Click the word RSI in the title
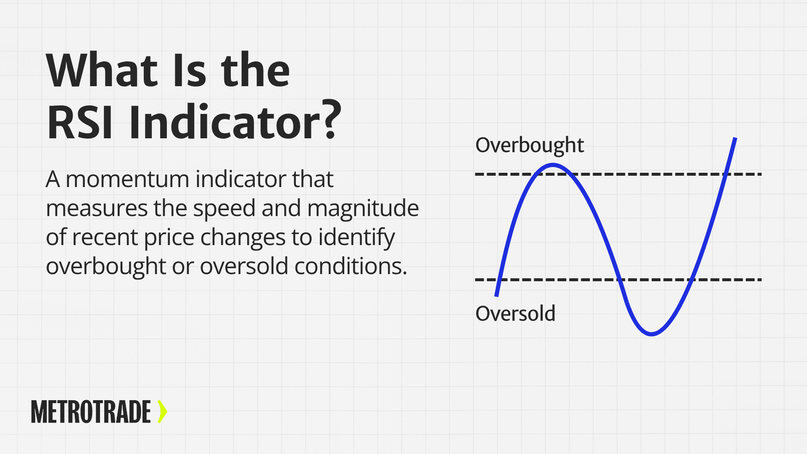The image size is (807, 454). click(80, 122)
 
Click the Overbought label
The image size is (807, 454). click(530, 145)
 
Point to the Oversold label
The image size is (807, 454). click(515, 314)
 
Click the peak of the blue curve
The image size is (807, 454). click(552, 165)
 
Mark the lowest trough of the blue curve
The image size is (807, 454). click(651, 334)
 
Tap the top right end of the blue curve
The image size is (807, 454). click(735, 138)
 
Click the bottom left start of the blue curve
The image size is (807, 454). click(496, 296)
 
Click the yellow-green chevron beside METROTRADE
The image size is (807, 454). click(162, 412)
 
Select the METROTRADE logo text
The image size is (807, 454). click(91, 412)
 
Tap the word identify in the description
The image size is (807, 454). click(356, 238)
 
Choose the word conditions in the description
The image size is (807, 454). click(351, 267)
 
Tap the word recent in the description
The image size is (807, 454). click(105, 238)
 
